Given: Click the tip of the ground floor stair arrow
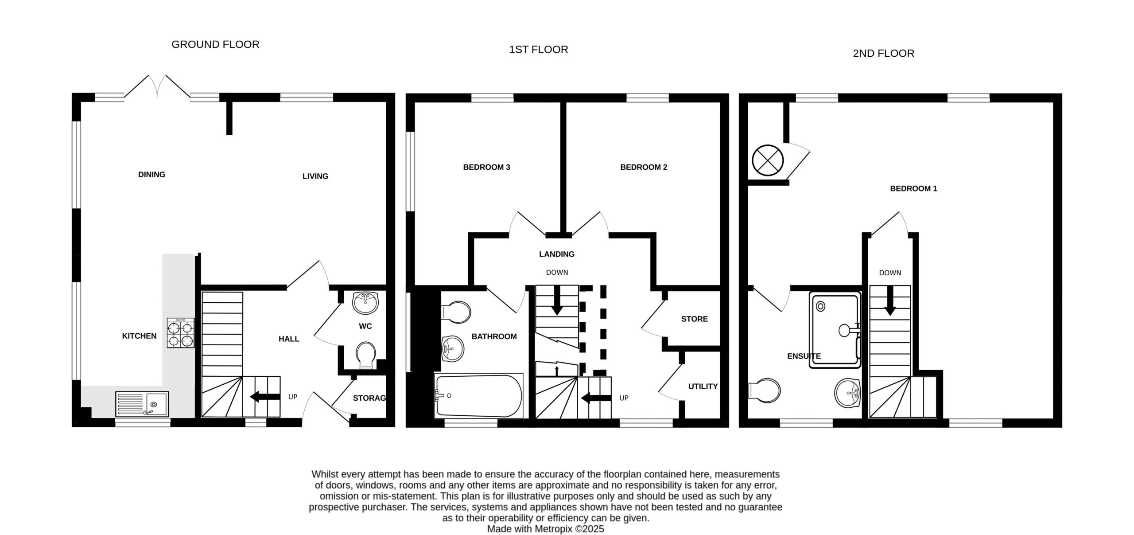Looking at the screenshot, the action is coord(250,397).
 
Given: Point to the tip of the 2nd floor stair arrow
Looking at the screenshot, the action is coord(890,316).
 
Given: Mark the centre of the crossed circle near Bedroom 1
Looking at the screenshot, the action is coord(768,160).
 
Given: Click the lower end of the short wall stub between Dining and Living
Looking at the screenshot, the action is coord(229,134).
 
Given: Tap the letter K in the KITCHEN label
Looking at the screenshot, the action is coord(124,336).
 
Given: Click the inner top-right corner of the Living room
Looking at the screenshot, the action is coord(386,102).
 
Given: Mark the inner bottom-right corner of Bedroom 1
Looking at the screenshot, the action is coord(1053,418).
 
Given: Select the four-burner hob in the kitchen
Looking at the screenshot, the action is coord(180,333).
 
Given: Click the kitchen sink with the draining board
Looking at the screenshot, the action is coord(142,404).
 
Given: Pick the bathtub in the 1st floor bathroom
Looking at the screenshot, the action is coord(479,396).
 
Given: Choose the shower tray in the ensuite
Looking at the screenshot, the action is coord(835,330).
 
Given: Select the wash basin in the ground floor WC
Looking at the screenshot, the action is coord(365,302).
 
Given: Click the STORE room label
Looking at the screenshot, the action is coord(694,319).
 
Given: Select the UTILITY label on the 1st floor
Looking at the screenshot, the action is coord(703,387).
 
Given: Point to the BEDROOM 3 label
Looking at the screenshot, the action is coord(486,167).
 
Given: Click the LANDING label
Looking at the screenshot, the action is coord(557,254).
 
